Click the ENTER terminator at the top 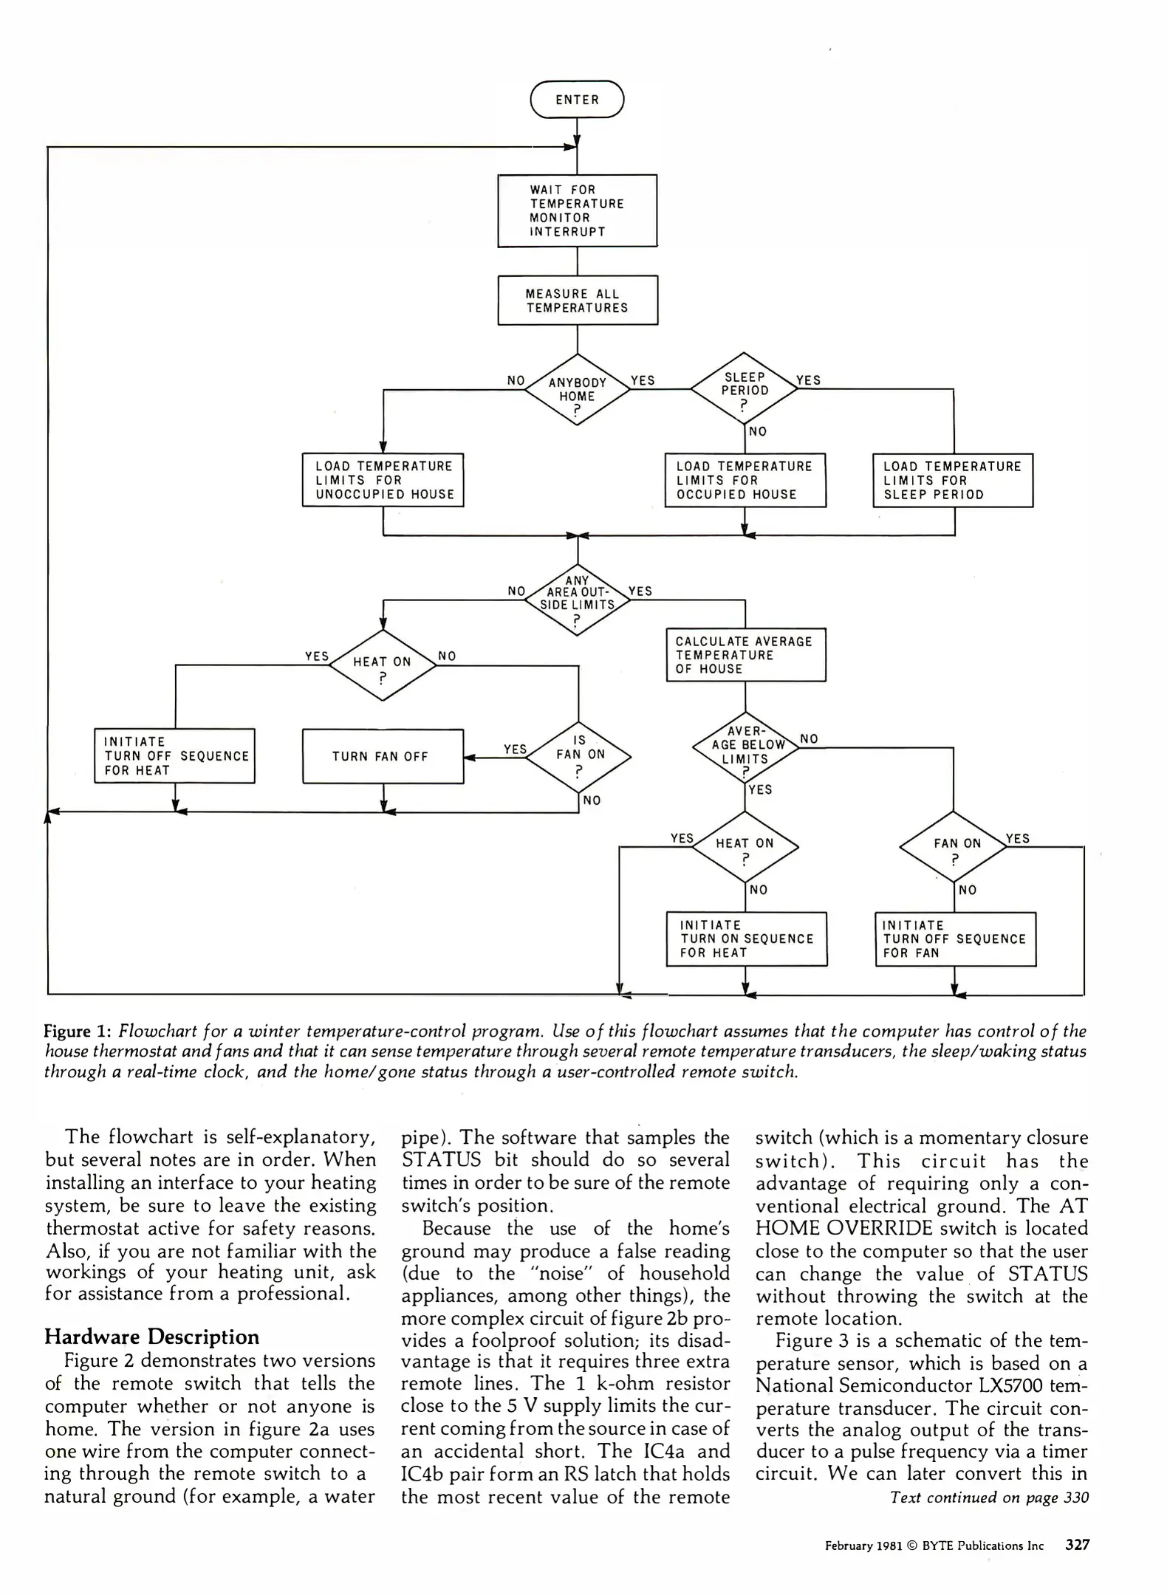pyautogui.click(x=577, y=100)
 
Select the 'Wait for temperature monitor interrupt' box pyautogui.click(x=577, y=210)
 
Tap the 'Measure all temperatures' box pyautogui.click(x=577, y=301)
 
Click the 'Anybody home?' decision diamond pyautogui.click(x=577, y=390)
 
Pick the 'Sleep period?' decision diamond pyautogui.click(x=745, y=390)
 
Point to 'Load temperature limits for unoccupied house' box pyautogui.click(x=383, y=480)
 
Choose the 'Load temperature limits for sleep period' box pyautogui.click(x=953, y=480)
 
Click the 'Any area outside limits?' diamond pyautogui.click(x=577, y=599)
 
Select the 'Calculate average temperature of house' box pyautogui.click(x=745, y=655)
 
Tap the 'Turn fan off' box pyautogui.click(x=383, y=756)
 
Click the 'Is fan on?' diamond pyautogui.click(x=579, y=757)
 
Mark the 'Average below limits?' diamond pyautogui.click(x=745, y=748)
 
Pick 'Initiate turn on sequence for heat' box pyautogui.click(x=746, y=939)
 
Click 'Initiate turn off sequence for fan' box pyautogui.click(x=955, y=939)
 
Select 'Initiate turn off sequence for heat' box pyautogui.click(x=175, y=756)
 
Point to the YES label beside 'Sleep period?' pyautogui.click(x=808, y=380)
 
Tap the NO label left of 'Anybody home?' pyautogui.click(x=516, y=381)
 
